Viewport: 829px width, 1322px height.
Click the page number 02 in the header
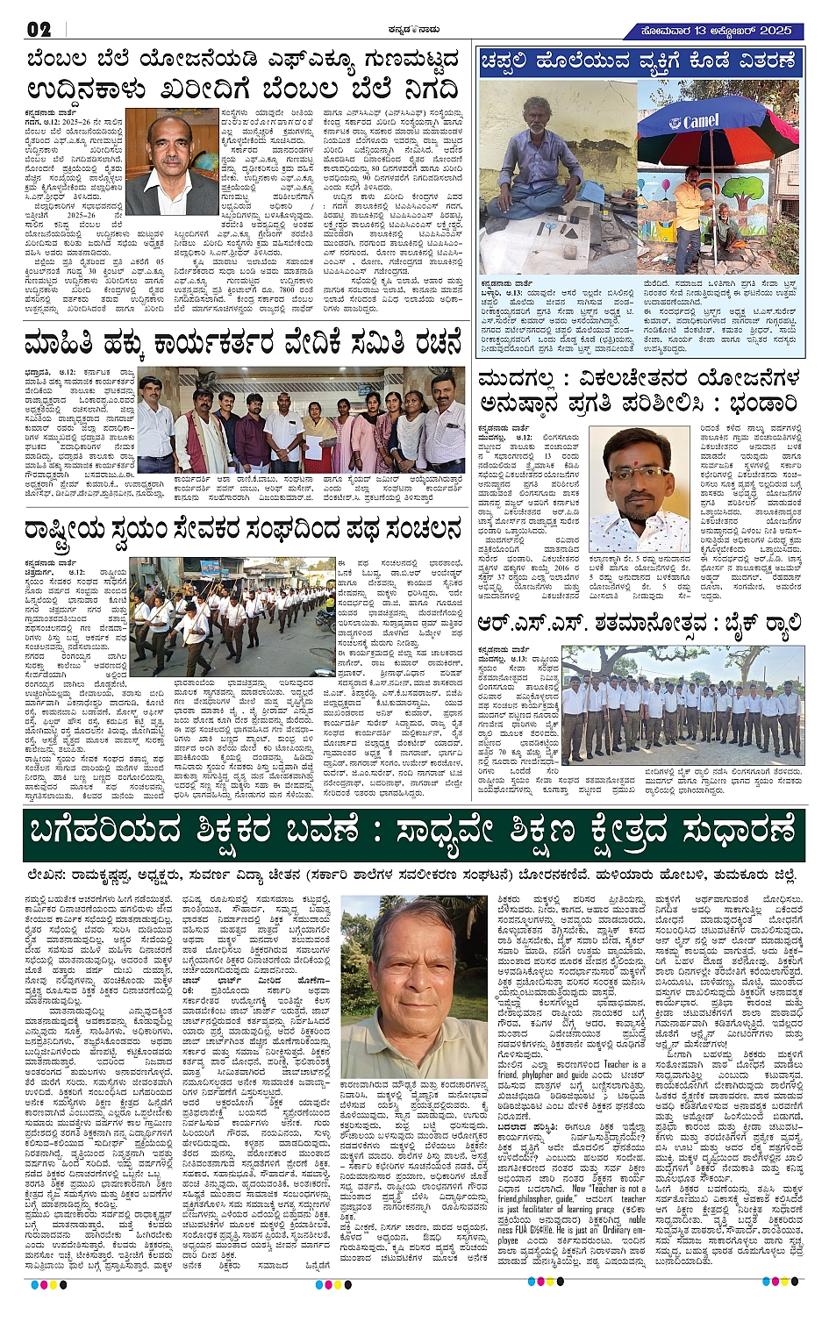[x=39, y=30]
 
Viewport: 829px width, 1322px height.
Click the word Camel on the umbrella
[x=700, y=122]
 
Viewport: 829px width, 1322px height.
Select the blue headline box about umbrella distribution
[x=639, y=61]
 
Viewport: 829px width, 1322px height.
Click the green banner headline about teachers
[x=414, y=835]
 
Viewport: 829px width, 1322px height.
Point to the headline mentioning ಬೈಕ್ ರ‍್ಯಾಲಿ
[x=639, y=624]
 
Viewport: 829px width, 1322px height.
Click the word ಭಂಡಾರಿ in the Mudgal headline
[x=755, y=404]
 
